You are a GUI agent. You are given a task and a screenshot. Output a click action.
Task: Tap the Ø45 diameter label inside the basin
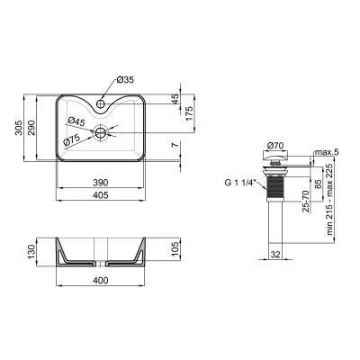point(76,121)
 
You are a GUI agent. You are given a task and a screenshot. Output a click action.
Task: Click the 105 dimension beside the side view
point(176,249)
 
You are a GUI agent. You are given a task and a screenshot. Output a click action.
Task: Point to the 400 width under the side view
point(101,283)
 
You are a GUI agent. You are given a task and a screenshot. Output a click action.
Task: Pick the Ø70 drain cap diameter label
point(277,146)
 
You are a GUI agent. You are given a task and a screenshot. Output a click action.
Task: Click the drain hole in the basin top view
point(103,132)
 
